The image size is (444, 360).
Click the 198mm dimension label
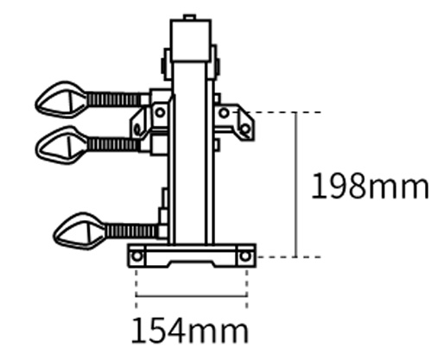(x=370, y=186)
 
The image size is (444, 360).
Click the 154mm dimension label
(x=189, y=330)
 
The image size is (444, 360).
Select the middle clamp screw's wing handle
(x=59, y=142)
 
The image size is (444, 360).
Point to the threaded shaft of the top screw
(x=113, y=99)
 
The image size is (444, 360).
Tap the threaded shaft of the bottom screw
(x=130, y=231)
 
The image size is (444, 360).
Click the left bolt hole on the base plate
(x=136, y=256)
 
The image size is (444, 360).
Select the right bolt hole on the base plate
(x=246, y=256)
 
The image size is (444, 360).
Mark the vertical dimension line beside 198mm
(x=295, y=186)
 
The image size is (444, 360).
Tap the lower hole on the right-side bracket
(x=244, y=129)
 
